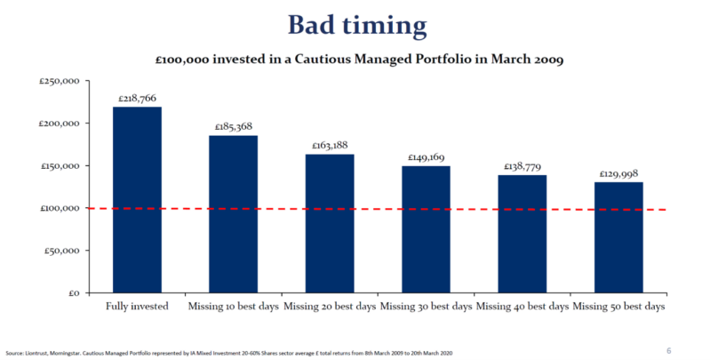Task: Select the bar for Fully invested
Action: (x=136, y=199)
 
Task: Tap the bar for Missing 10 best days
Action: (x=233, y=214)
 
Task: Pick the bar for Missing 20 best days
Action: (x=329, y=223)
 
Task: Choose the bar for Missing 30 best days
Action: (x=426, y=229)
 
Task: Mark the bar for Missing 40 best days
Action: (x=522, y=234)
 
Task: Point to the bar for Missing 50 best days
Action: (x=618, y=237)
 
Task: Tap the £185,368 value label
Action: (x=233, y=127)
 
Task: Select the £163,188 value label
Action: (x=329, y=146)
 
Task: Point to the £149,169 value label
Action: (x=426, y=157)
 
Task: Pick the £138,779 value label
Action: (x=522, y=166)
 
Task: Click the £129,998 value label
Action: (x=618, y=173)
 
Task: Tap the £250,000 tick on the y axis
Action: (x=60, y=81)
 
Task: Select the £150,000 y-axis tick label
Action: (x=60, y=166)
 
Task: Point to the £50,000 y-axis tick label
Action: (x=62, y=251)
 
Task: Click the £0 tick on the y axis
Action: (x=75, y=293)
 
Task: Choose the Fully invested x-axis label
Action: (x=136, y=308)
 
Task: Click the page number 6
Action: (x=668, y=349)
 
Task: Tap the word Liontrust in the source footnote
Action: (x=32, y=354)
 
